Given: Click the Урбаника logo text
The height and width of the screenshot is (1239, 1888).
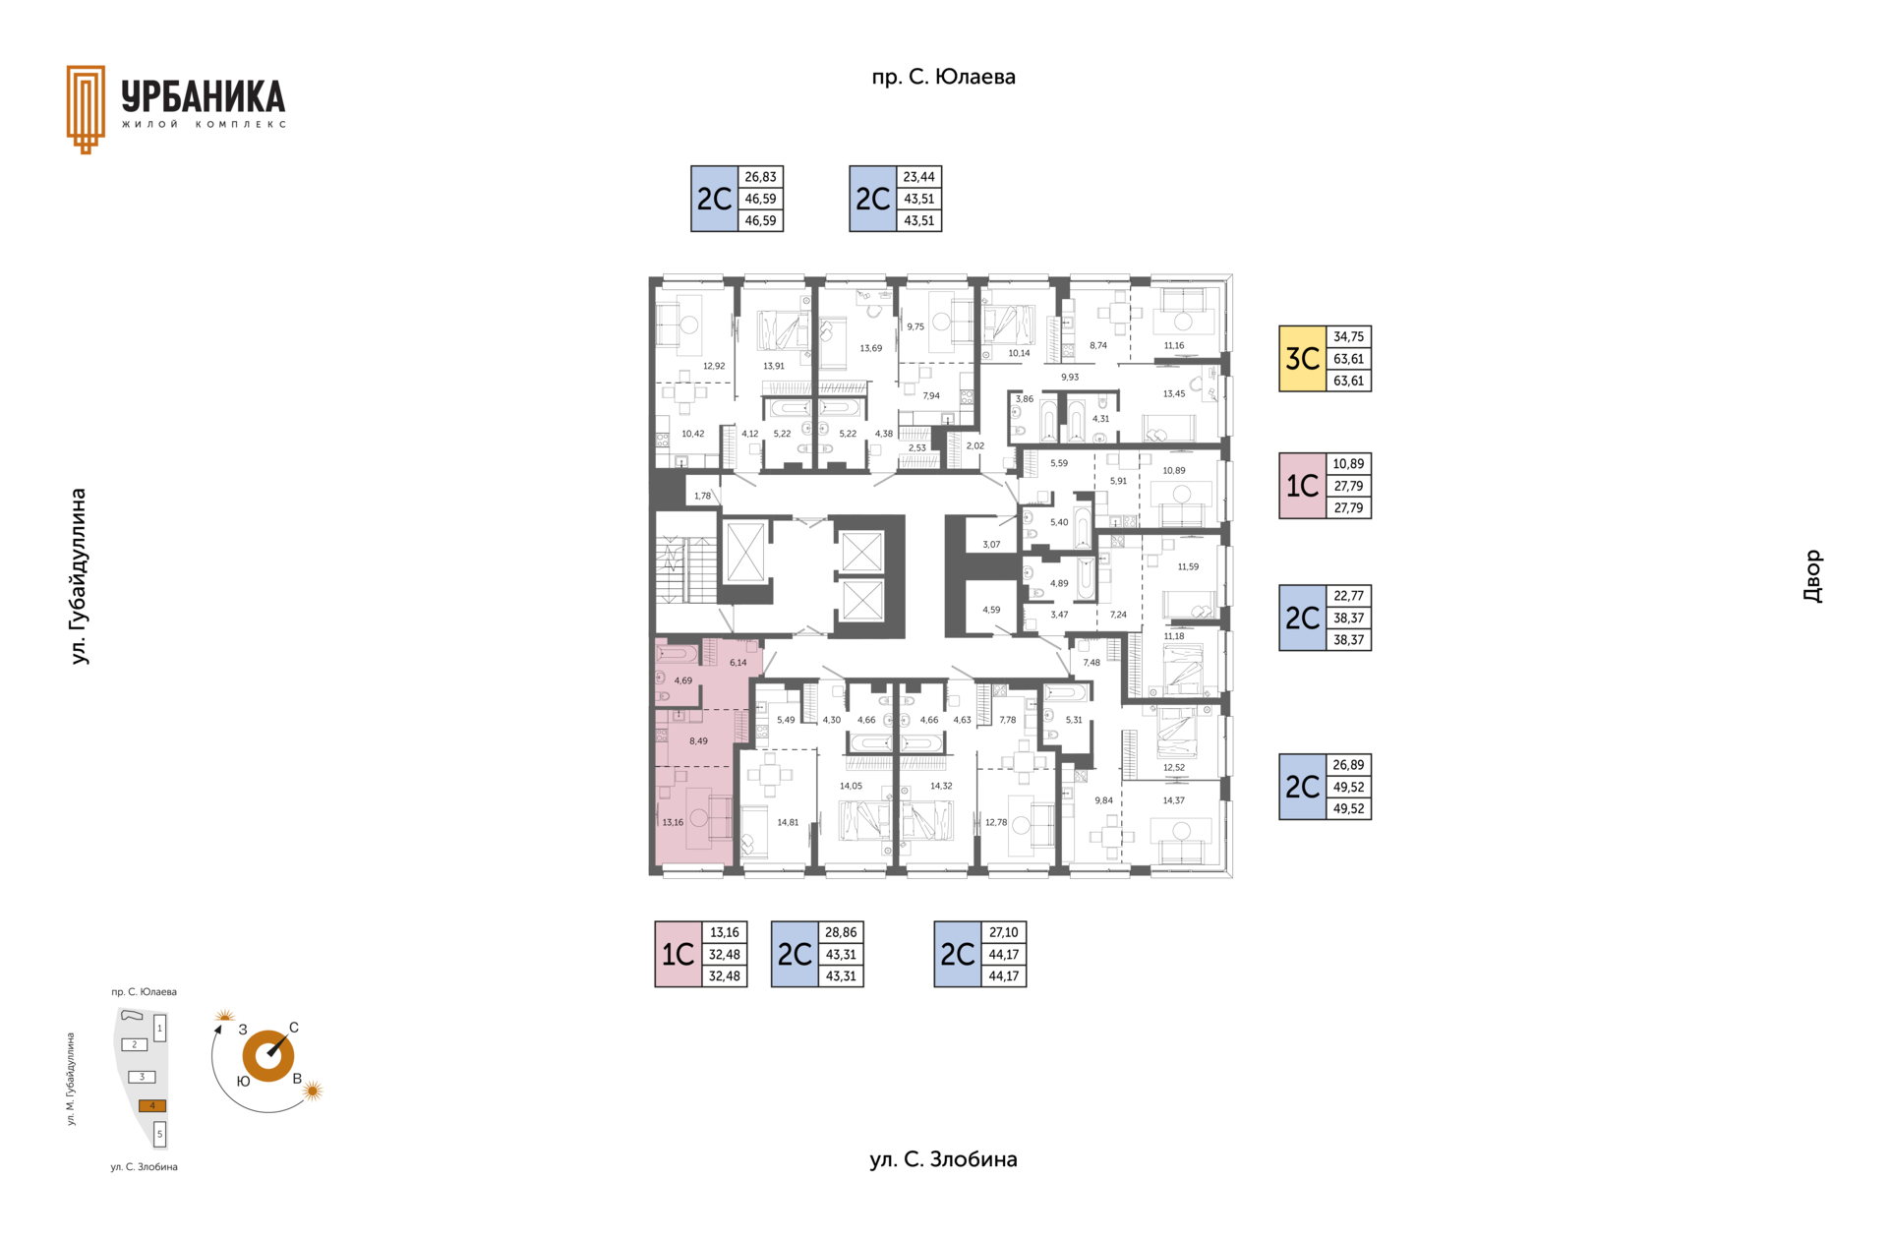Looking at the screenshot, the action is [204, 96].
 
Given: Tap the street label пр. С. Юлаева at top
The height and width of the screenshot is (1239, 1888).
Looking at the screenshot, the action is [943, 77].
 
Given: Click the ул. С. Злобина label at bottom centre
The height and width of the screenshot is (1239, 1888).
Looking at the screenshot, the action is [943, 1159].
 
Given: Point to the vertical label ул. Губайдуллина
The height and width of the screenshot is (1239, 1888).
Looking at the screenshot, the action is [79, 576].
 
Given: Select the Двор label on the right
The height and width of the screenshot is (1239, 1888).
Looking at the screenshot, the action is [1812, 576].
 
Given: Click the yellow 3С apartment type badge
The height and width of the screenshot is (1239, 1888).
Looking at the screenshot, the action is [1303, 359].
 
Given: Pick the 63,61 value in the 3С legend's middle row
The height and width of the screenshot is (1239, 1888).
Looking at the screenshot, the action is [1349, 359].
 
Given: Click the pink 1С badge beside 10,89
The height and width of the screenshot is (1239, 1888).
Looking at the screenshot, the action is [1303, 486].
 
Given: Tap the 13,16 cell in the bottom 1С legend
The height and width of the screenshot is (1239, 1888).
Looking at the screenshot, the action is [725, 932].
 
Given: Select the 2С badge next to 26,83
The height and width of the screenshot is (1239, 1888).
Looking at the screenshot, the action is [715, 199].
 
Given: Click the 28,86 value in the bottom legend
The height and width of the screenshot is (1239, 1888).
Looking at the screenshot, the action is [841, 932].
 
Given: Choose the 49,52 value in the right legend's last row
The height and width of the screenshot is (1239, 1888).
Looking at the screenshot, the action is [1349, 809].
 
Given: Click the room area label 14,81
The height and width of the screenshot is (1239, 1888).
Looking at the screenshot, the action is [788, 822].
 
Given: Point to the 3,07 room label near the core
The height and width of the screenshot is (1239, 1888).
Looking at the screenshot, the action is [991, 545].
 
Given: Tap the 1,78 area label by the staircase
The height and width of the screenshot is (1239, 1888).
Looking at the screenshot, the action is [702, 497].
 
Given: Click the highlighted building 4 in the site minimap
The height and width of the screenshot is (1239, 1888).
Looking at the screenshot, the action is [152, 1106].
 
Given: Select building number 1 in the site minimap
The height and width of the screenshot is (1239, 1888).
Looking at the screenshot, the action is [159, 1029].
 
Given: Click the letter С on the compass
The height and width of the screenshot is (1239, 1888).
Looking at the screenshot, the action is [294, 1028].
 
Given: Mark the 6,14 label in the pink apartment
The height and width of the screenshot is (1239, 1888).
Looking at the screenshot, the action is [737, 663].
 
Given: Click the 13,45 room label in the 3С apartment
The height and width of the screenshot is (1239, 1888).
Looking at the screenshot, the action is [1174, 394].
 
